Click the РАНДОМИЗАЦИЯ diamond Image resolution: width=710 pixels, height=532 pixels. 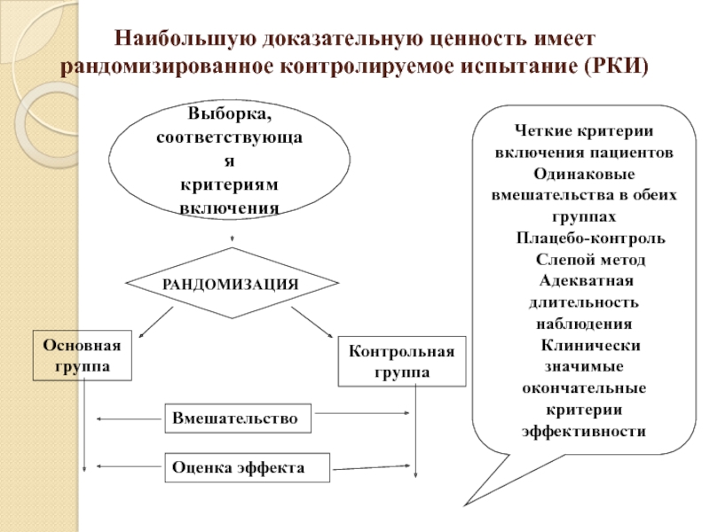point(232,284)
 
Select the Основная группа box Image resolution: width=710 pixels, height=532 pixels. point(82,356)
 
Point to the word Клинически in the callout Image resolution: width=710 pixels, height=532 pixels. point(591,345)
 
